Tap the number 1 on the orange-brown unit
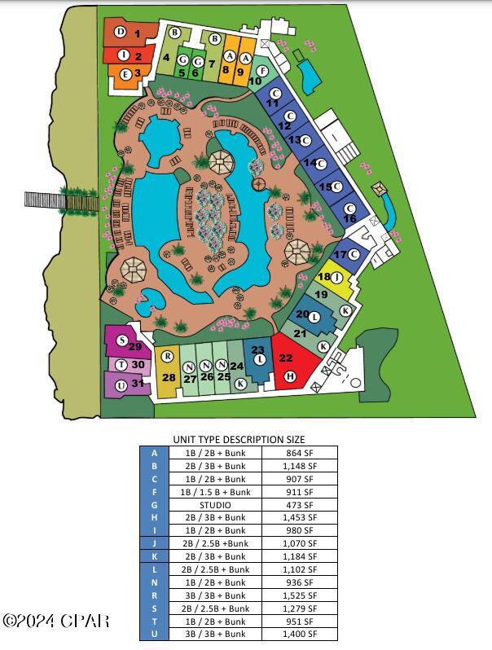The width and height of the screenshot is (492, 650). click(x=138, y=33)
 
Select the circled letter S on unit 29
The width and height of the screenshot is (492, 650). click(x=122, y=340)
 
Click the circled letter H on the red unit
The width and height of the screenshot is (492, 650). click(x=290, y=376)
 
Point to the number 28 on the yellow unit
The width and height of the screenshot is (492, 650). click(x=169, y=377)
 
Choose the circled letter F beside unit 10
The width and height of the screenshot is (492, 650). click(x=262, y=72)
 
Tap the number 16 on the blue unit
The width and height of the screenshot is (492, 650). click(x=349, y=218)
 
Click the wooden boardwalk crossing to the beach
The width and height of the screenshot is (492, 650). click(x=62, y=199)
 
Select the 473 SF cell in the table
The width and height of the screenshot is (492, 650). click(x=299, y=505)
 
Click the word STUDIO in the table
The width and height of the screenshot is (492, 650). click(x=214, y=505)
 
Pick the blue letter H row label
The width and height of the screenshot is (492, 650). click(x=154, y=517)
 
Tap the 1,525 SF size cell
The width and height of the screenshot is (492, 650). click(x=299, y=595)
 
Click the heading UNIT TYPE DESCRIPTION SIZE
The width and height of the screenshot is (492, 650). click(x=239, y=439)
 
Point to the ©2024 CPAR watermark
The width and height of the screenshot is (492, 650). click(x=55, y=621)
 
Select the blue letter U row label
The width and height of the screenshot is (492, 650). click(x=154, y=634)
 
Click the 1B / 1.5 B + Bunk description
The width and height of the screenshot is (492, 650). click(x=214, y=492)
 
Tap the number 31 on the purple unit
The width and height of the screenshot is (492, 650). click(x=138, y=384)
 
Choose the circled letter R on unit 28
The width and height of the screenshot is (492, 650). click(x=168, y=356)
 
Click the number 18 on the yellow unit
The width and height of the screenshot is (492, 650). click(x=323, y=277)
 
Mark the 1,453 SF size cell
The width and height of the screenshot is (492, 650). click(x=299, y=517)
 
